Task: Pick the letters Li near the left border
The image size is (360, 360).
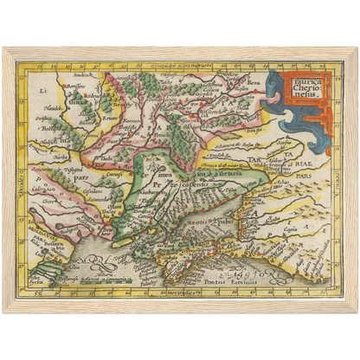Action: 42,89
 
